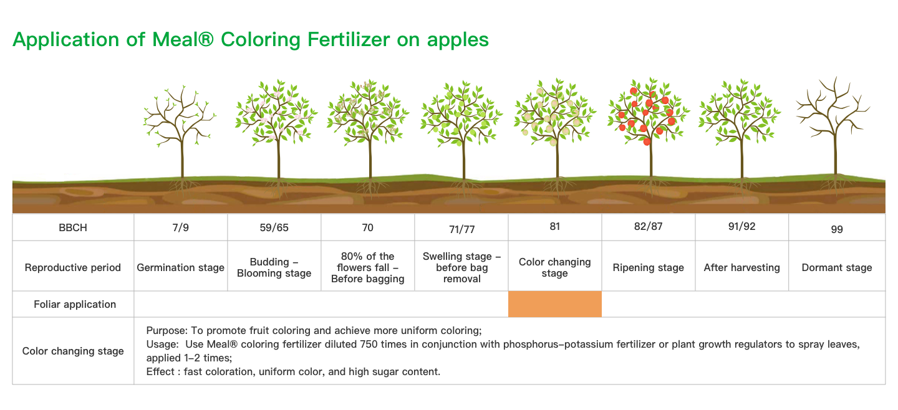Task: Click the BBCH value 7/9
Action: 180,227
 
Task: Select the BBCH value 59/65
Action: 274,227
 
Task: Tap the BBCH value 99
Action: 837,229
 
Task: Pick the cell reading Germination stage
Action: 180,267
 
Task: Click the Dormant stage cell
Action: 837,267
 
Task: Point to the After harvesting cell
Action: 741,267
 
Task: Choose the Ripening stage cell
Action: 649,267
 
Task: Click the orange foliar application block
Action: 555,304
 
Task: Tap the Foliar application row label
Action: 75,304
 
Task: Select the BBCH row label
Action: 72,227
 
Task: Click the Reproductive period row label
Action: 72,267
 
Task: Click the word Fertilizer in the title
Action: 349,40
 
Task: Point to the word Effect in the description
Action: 160,371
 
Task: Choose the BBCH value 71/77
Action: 462,229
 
